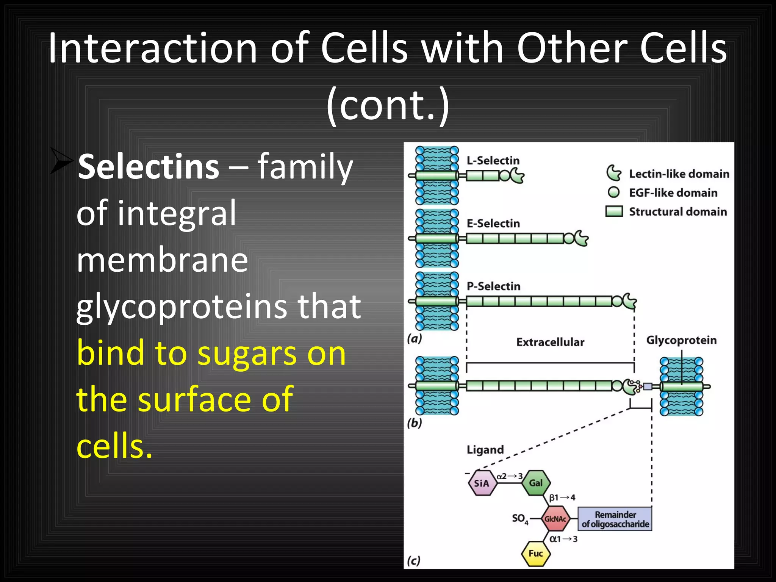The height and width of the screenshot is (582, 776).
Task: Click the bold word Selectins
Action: click(x=148, y=167)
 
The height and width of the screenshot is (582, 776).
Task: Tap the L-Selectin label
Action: click(x=493, y=161)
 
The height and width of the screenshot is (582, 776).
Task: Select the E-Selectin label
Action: click(x=493, y=224)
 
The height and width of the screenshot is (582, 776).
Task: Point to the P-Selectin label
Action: click(x=493, y=286)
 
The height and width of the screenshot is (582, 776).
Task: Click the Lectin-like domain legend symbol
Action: click(x=613, y=173)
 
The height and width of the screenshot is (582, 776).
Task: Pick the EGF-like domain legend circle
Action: click(x=613, y=192)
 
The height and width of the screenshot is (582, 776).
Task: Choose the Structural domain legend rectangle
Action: click(x=614, y=211)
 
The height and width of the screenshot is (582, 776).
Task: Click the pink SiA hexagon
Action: click(x=482, y=483)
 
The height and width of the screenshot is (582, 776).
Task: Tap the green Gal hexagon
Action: click(x=536, y=483)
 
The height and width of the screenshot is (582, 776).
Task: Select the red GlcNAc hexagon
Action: click(x=555, y=519)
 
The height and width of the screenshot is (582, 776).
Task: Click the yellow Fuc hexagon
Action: click(x=536, y=554)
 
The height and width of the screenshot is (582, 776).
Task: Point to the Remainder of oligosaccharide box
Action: click(x=615, y=519)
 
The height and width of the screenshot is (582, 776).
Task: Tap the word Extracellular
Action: click(x=550, y=342)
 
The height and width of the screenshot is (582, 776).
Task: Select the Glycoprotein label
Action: click(x=681, y=340)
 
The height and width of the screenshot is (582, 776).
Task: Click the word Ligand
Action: click(x=485, y=450)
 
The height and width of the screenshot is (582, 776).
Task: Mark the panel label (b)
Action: click(x=415, y=423)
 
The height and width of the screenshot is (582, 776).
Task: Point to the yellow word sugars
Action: click(x=247, y=353)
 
